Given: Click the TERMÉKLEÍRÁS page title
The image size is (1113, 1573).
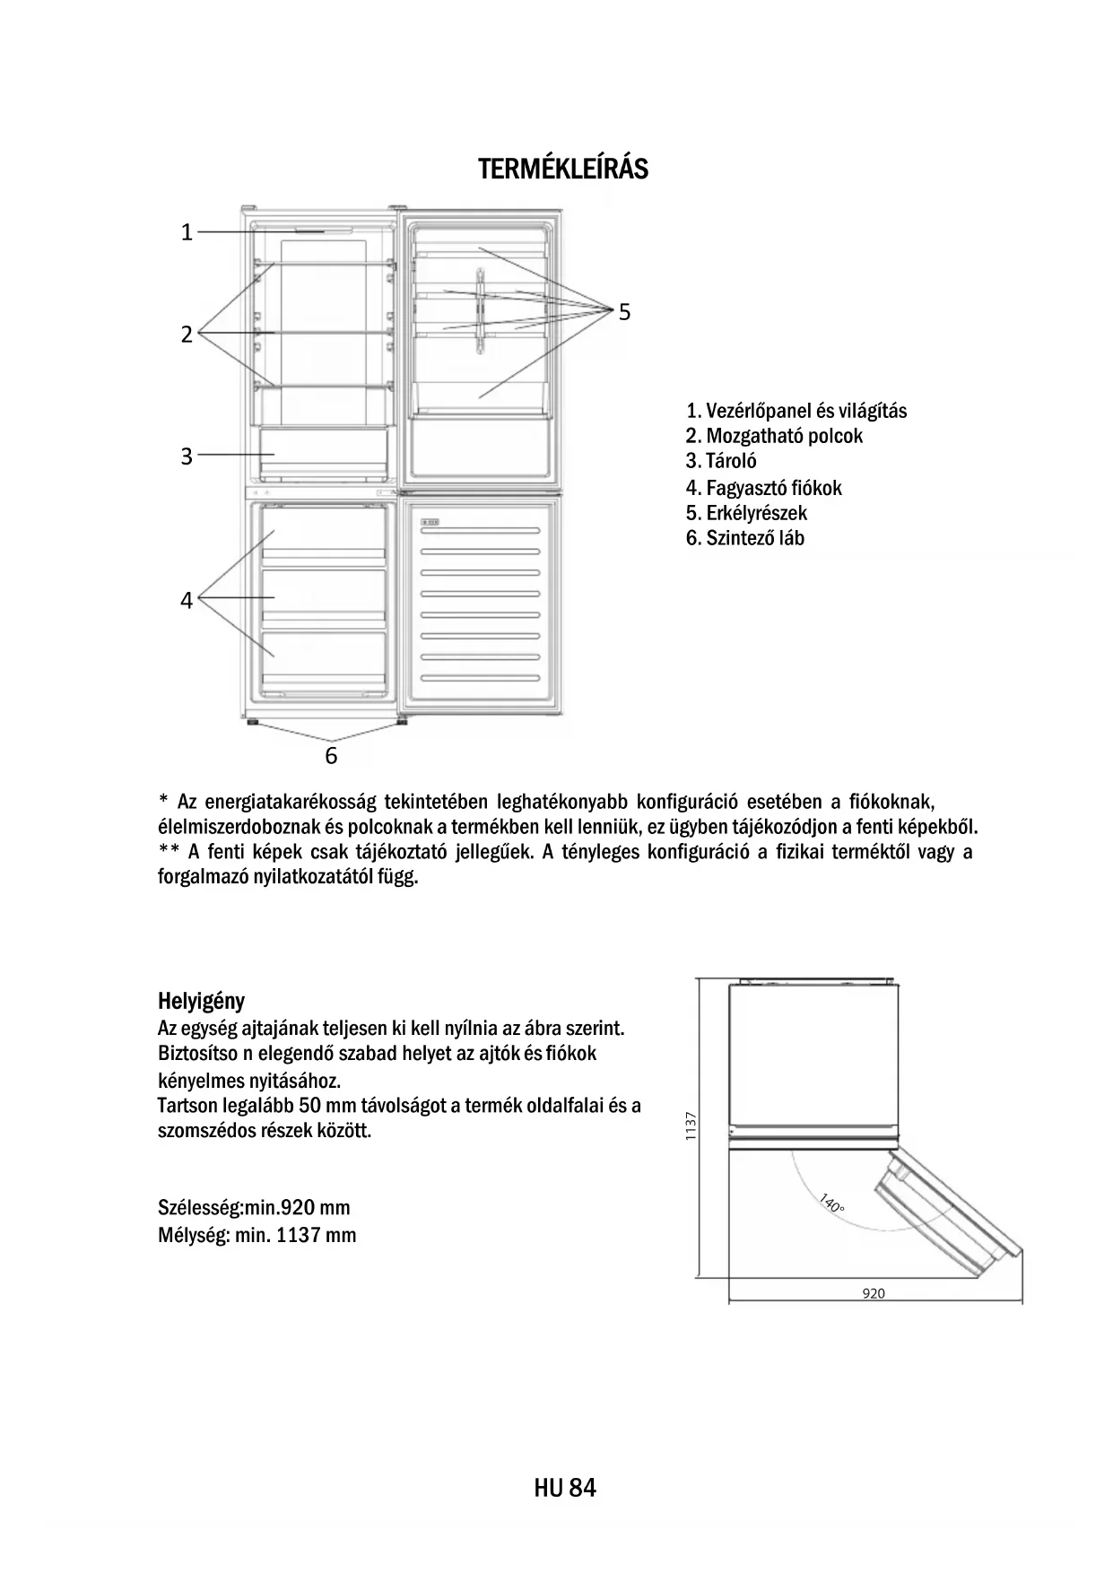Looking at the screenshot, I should tap(562, 169).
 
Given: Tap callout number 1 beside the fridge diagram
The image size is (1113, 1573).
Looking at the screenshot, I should tap(187, 232).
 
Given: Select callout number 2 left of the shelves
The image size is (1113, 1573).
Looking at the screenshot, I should tap(187, 335).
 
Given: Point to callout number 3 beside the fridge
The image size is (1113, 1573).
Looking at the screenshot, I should tap(187, 456).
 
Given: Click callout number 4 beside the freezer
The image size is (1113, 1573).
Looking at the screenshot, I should tap(187, 600).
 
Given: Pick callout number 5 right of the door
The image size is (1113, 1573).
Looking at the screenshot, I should tap(624, 312).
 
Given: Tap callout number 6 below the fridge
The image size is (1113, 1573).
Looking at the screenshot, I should tap(331, 756).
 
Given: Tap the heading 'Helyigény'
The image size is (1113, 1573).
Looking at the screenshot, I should tap(201, 1000).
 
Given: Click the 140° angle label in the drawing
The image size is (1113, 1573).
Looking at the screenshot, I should tap(831, 1204).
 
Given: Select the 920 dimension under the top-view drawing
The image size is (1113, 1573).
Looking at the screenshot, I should tap(873, 1293).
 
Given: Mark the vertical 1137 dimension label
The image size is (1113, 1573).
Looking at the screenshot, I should tap(690, 1126).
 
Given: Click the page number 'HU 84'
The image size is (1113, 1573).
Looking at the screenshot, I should tap(564, 1489).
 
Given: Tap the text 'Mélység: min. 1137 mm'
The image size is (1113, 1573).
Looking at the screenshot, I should tap(257, 1235).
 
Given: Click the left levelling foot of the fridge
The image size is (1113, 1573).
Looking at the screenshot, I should tap(252, 721).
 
